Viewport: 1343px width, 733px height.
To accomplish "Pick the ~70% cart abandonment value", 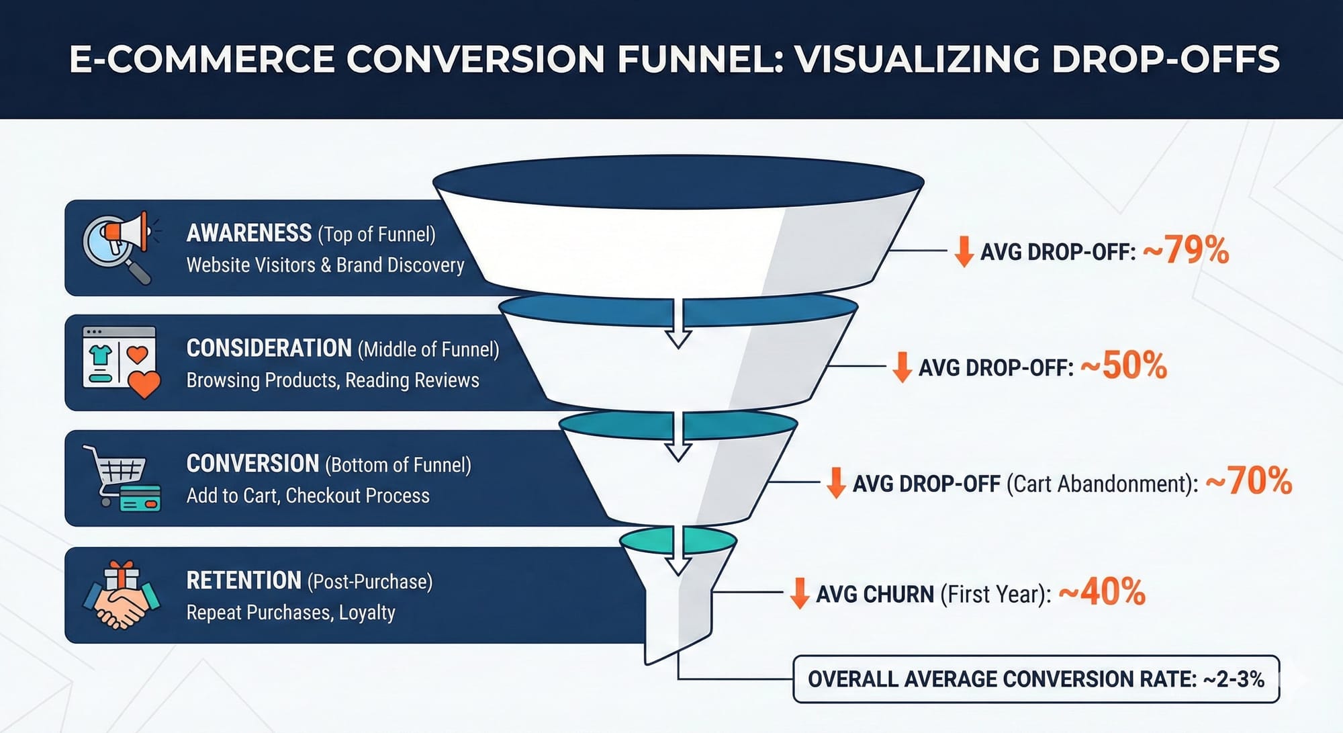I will (1249, 482).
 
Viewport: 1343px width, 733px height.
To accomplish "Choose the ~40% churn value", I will (1102, 593).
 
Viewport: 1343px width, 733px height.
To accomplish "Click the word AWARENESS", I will (248, 233).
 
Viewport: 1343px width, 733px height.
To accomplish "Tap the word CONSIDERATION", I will (269, 348).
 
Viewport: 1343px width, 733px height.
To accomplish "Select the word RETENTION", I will (243, 580).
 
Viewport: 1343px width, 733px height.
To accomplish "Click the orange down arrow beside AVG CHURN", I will (799, 593).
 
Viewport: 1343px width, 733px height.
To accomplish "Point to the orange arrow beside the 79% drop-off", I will (964, 251).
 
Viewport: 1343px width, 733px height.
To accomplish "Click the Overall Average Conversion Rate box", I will (1035, 679).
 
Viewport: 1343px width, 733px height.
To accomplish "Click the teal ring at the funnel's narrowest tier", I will (678, 540).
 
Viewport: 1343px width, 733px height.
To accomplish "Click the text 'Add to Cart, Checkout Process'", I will (308, 496).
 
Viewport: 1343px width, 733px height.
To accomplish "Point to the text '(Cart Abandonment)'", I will (1102, 484).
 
